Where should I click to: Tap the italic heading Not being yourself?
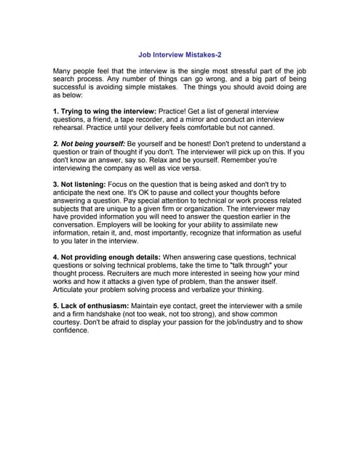[89, 144]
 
